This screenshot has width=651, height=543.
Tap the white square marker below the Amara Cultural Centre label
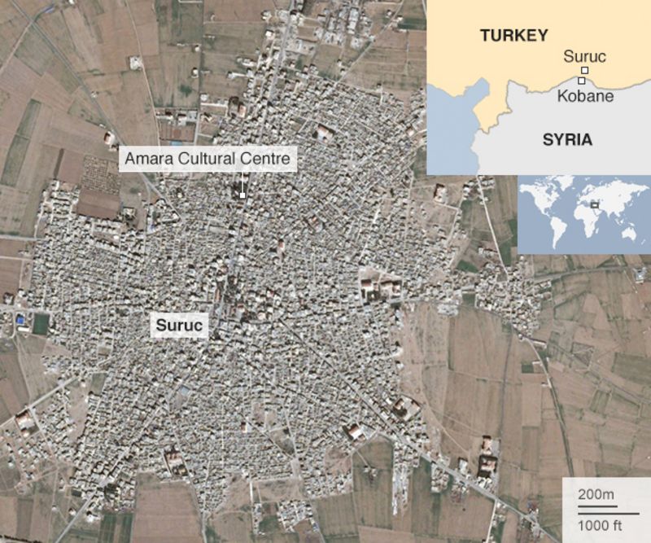click(242, 195)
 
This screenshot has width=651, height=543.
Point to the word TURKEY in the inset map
click(513, 35)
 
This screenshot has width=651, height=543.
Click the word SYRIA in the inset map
click(567, 140)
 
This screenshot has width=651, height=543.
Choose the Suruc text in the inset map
click(584, 57)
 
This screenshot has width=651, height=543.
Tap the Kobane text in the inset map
click(586, 96)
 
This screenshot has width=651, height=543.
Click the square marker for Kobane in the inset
click(581, 81)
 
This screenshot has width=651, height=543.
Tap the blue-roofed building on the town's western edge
click(20, 320)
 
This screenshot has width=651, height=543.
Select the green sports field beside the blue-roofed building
click(40, 324)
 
